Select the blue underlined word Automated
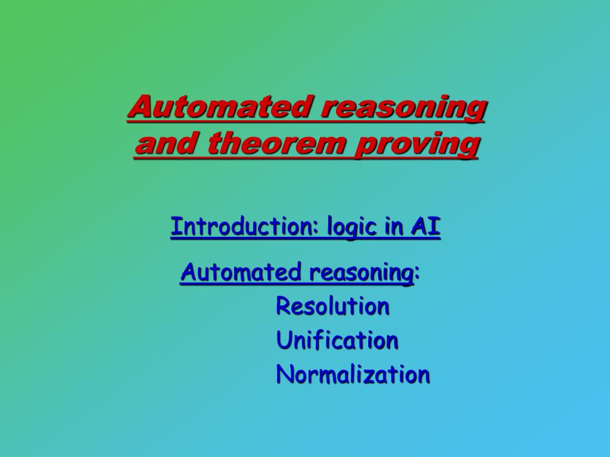pos(241,273)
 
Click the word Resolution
pos(332,306)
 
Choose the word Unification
pos(337,340)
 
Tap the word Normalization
pos(353,375)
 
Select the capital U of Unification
pos(283,340)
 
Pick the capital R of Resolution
pos(283,306)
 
